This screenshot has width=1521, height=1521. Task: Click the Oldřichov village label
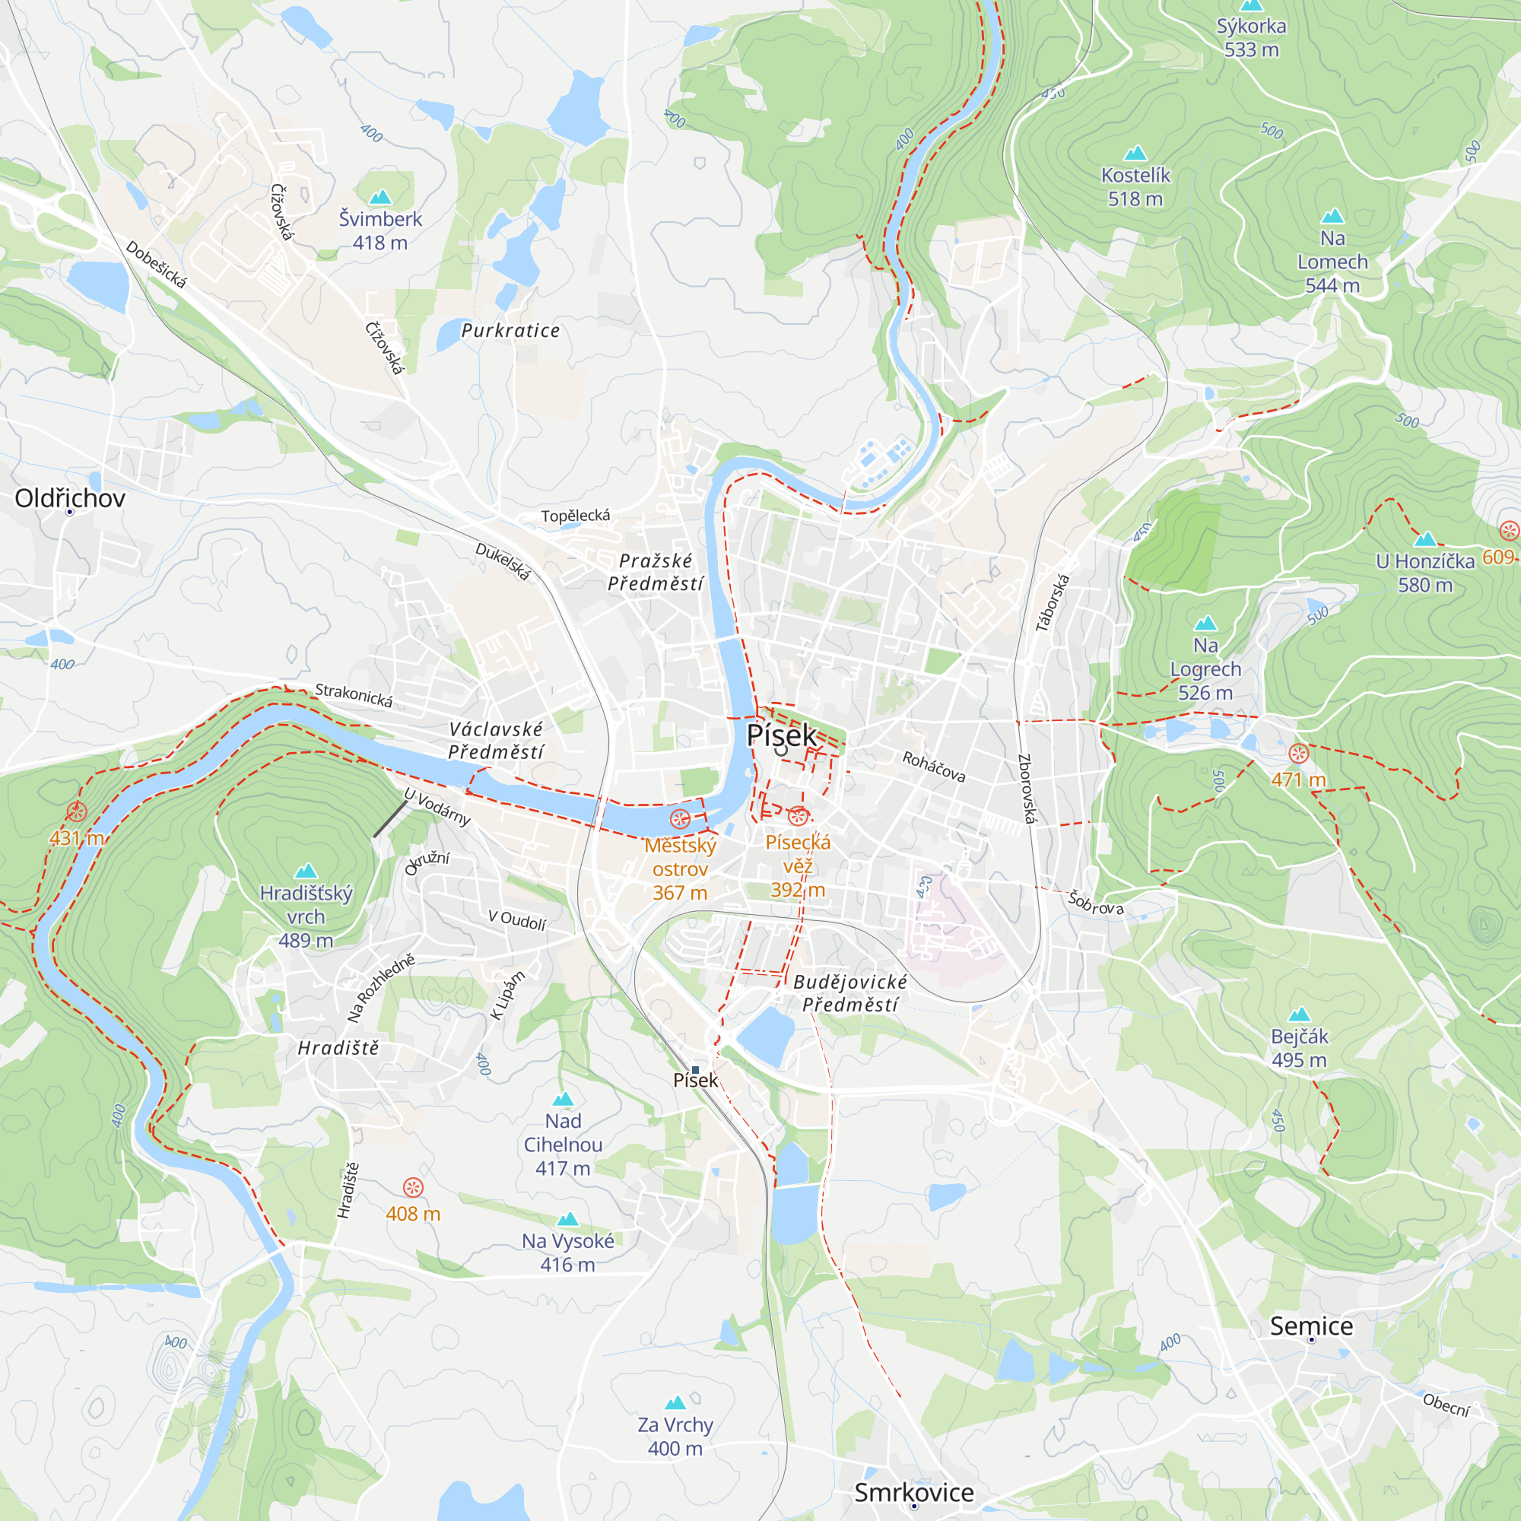[x=70, y=498]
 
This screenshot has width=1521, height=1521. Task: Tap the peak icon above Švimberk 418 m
[x=380, y=197]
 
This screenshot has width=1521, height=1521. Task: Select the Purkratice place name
[x=510, y=331]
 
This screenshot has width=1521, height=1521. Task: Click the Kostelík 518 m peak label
[x=1135, y=186]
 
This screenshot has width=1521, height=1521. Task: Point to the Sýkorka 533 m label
[x=1251, y=37]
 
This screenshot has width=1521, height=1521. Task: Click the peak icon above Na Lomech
[x=1332, y=216]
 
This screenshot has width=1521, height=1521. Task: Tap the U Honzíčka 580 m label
[x=1425, y=573]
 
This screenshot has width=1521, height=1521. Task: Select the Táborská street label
[x=1053, y=603]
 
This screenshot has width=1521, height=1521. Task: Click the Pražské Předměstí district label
[x=656, y=572]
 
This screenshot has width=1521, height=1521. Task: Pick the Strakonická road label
[x=354, y=695]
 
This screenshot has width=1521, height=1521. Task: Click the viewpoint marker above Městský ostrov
[x=679, y=819]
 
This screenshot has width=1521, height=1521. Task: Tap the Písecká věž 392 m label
[x=798, y=865]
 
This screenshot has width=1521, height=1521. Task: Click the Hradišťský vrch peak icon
[x=306, y=871]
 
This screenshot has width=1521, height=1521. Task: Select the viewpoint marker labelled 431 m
[x=76, y=811]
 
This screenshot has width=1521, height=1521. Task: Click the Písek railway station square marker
[x=695, y=1069]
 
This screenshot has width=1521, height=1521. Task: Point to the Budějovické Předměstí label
[x=849, y=992]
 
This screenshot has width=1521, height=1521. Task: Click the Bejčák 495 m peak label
[x=1299, y=1048]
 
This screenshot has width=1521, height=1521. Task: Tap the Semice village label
[x=1311, y=1326]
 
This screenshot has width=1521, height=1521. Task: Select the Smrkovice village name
[x=913, y=1492]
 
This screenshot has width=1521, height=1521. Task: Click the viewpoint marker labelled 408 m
[x=413, y=1187]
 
